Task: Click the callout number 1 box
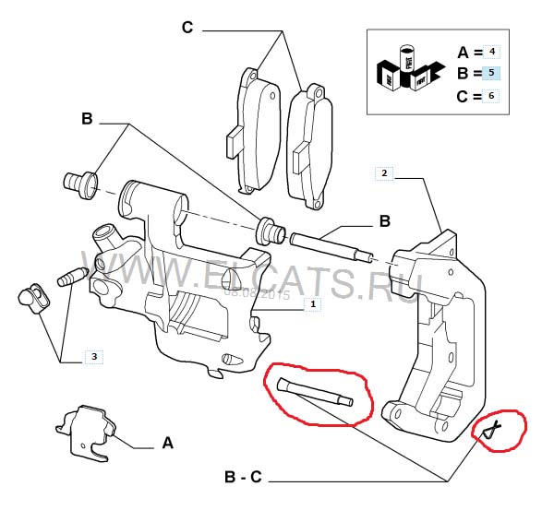[x=313, y=303]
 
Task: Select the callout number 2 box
[x=385, y=172]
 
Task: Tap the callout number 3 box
[x=95, y=355]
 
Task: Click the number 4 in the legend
[x=492, y=51]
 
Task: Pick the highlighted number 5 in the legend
[x=492, y=72]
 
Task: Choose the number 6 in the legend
[x=492, y=94]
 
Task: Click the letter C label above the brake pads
[x=187, y=29]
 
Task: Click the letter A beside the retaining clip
[x=168, y=444]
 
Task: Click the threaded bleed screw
[x=72, y=276]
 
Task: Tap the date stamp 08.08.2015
[x=257, y=295]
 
